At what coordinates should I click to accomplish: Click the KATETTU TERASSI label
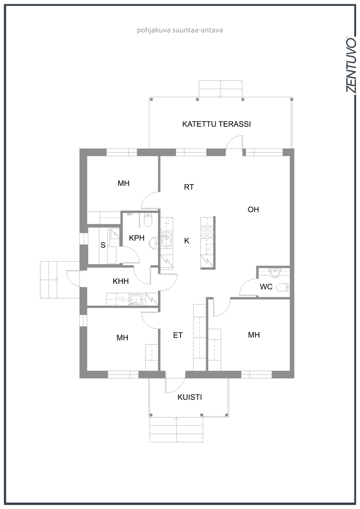(x=216, y=124)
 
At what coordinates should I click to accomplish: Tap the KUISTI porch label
(x=189, y=397)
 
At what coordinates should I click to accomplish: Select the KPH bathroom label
(x=136, y=238)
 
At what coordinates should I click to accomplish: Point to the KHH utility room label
(x=121, y=281)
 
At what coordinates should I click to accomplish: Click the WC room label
(x=266, y=287)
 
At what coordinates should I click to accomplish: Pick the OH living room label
(x=253, y=209)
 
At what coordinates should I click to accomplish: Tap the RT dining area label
(x=189, y=187)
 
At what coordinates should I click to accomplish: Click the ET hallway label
(x=177, y=335)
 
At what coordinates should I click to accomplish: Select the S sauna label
(x=103, y=245)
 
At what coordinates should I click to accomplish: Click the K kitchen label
(x=186, y=241)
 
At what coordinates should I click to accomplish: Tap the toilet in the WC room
(x=283, y=288)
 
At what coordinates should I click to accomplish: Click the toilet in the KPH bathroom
(x=148, y=220)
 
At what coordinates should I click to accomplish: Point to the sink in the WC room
(x=275, y=273)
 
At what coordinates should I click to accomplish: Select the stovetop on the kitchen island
(x=207, y=232)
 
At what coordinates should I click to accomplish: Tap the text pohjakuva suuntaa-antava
(x=180, y=31)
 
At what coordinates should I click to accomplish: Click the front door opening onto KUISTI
(x=175, y=382)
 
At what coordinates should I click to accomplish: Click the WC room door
(x=249, y=287)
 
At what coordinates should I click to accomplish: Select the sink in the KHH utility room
(x=136, y=299)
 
